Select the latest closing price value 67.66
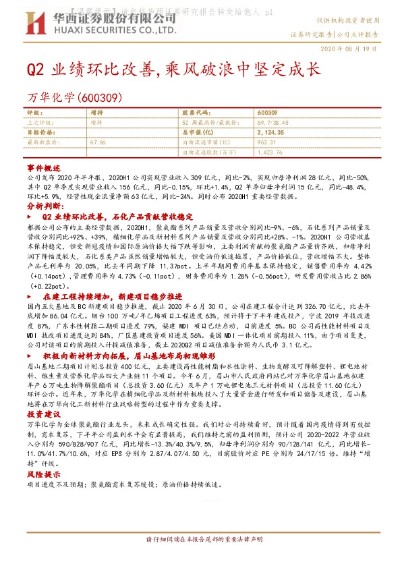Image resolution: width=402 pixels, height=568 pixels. point(98,143)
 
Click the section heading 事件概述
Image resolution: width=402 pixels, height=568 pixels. point(45,166)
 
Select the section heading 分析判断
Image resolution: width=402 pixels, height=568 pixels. point(45,206)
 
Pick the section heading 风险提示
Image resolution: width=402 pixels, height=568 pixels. point(45,475)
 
